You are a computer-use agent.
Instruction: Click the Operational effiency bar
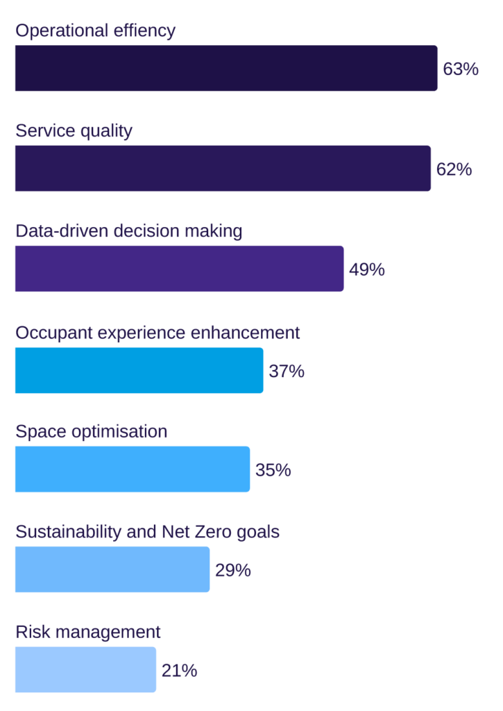tap(226, 68)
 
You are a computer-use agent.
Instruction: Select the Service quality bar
tap(223, 168)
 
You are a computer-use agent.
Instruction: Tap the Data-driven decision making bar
tap(179, 269)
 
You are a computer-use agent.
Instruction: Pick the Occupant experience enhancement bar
tap(139, 370)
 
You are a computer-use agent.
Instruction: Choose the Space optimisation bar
tap(132, 469)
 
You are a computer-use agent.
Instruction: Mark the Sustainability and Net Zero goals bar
tap(112, 569)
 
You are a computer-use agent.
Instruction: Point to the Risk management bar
tap(85, 670)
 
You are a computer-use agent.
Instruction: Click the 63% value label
tap(461, 69)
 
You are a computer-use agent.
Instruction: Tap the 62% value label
tap(454, 169)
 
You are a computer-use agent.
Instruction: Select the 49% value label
tap(366, 269)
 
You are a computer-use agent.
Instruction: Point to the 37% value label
tap(287, 371)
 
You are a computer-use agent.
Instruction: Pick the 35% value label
tap(273, 470)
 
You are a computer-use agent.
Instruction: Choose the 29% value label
tap(232, 570)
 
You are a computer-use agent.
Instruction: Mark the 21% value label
tap(179, 671)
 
